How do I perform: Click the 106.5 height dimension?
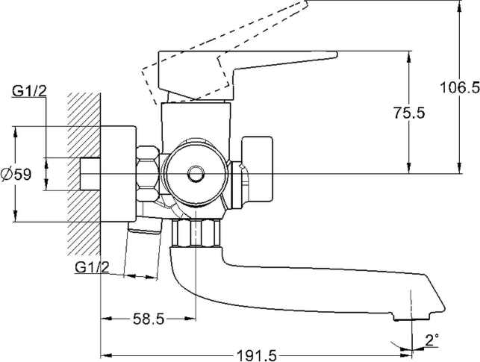click(460, 88)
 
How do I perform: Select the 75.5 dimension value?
click(409, 113)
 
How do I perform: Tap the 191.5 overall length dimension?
click(257, 355)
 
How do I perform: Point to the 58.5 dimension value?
click(149, 319)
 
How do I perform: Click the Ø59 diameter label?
click(16, 175)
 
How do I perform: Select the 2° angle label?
click(432, 340)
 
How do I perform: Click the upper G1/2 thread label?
click(29, 90)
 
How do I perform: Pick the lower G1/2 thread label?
click(92, 267)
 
